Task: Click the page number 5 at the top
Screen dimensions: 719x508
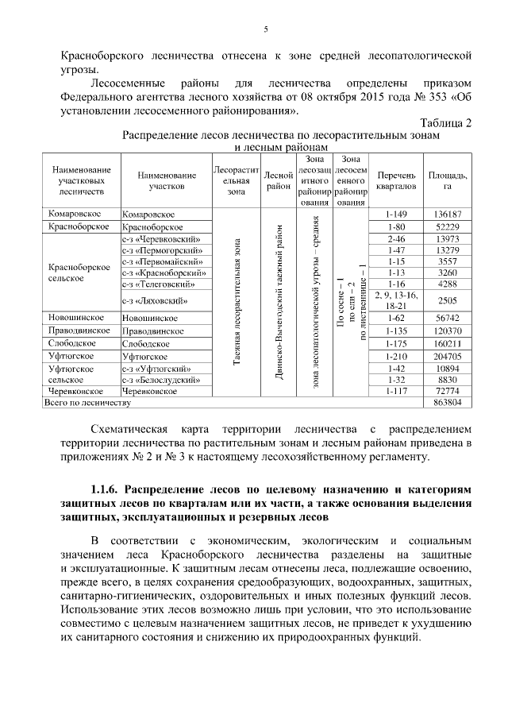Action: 266,29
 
